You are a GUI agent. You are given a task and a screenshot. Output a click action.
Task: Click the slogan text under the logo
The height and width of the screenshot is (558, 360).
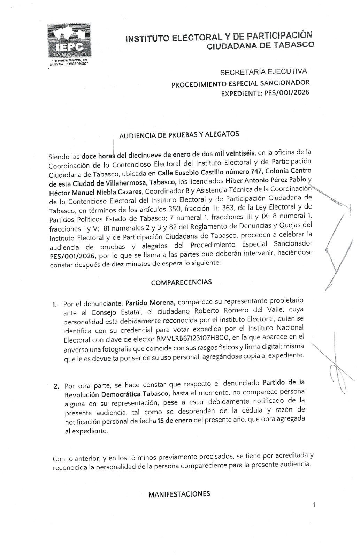click(x=69, y=62)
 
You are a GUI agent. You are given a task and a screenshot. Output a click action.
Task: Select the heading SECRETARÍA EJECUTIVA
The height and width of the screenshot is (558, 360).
click(x=263, y=72)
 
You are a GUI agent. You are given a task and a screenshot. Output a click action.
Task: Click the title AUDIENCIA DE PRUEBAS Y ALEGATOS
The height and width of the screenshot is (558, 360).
click(x=179, y=135)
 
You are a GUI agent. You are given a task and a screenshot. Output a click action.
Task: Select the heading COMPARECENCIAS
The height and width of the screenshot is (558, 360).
click(x=181, y=282)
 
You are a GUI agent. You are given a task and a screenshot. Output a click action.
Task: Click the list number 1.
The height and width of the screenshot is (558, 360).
click(x=55, y=304)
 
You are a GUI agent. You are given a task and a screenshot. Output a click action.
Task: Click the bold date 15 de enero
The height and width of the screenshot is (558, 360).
click(x=175, y=420)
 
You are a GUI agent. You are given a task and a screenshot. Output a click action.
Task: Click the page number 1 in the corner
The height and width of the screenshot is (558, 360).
click(x=314, y=505)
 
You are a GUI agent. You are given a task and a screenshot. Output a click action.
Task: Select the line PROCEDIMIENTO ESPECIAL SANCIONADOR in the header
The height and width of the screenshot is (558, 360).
click(x=240, y=84)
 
